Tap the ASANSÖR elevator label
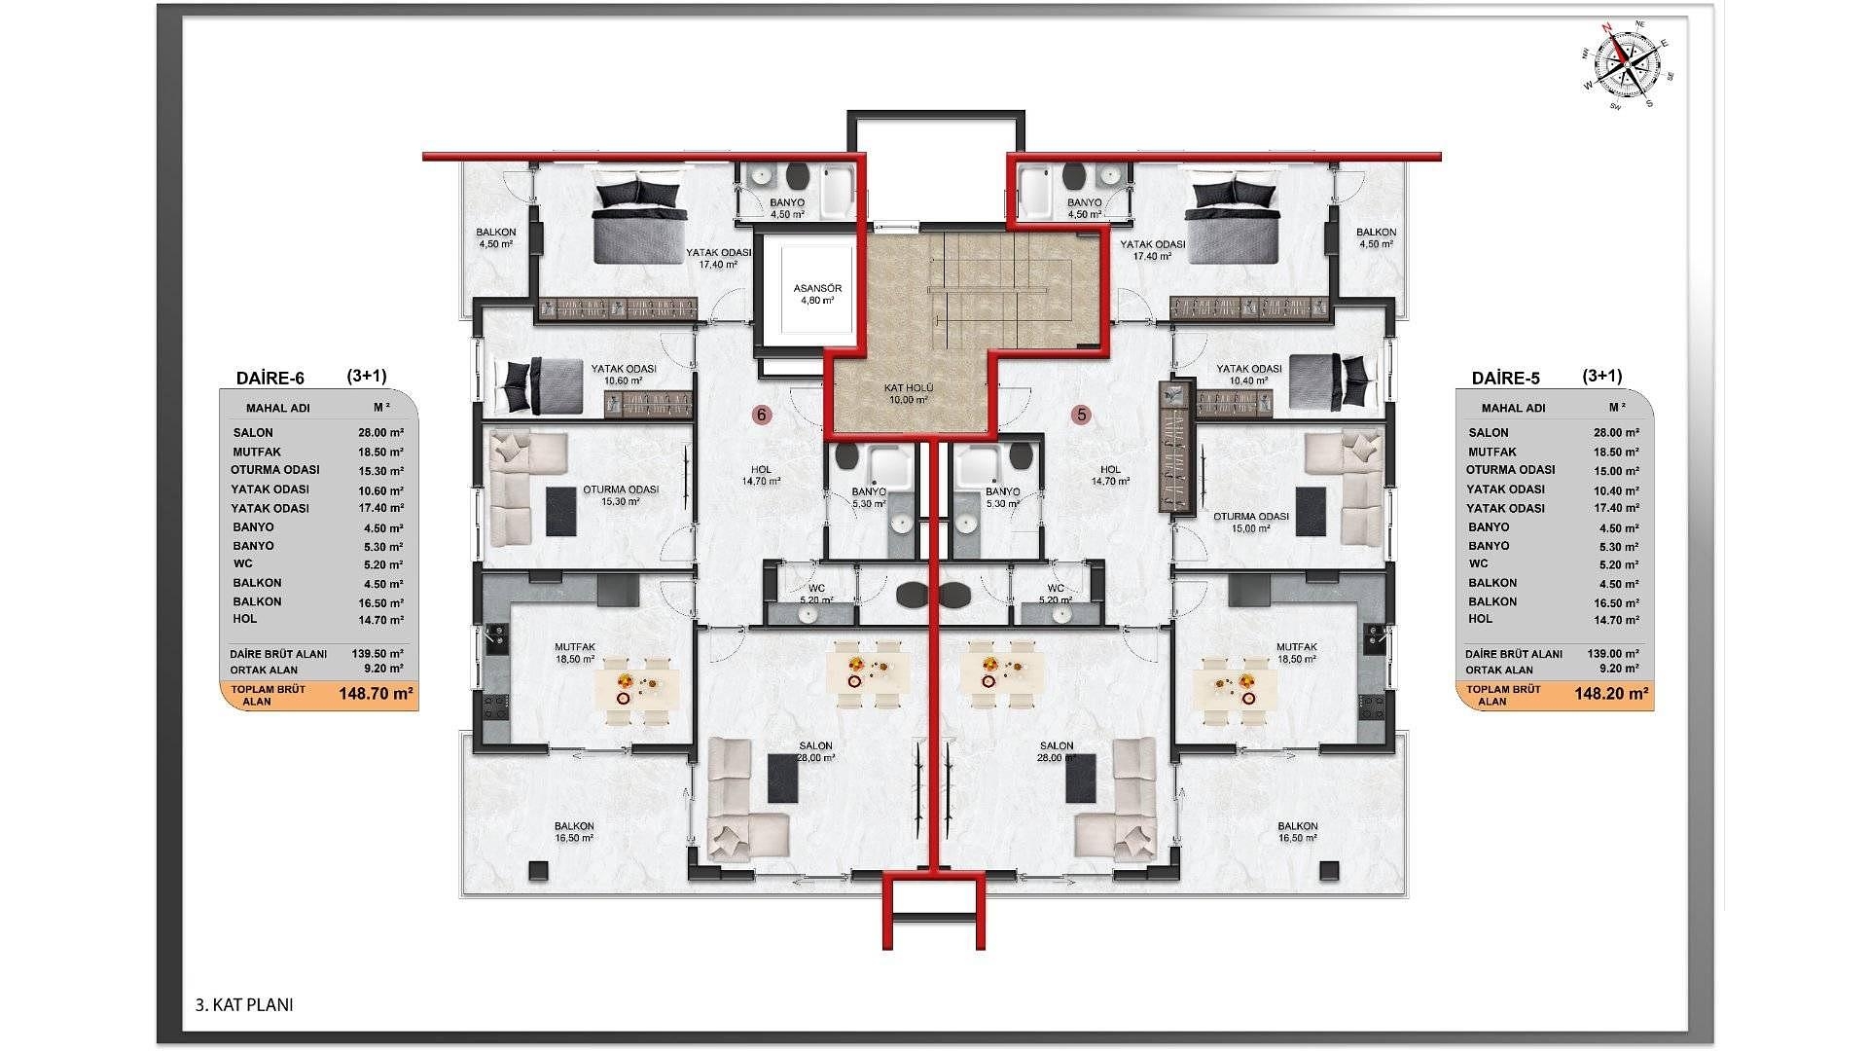click(x=817, y=294)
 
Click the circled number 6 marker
click(x=762, y=415)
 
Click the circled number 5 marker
click(x=1081, y=415)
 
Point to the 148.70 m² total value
click(x=377, y=695)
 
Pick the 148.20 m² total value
click(x=1611, y=695)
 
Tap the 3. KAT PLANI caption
click(x=244, y=1005)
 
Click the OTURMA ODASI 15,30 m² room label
click(x=621, y=495)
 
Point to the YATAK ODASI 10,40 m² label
click(x=1249, y=375)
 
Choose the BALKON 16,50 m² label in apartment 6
click(x=574, y=831)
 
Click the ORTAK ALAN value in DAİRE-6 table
click(x=383, y=669)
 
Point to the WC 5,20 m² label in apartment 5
click(x=1056, y=594)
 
